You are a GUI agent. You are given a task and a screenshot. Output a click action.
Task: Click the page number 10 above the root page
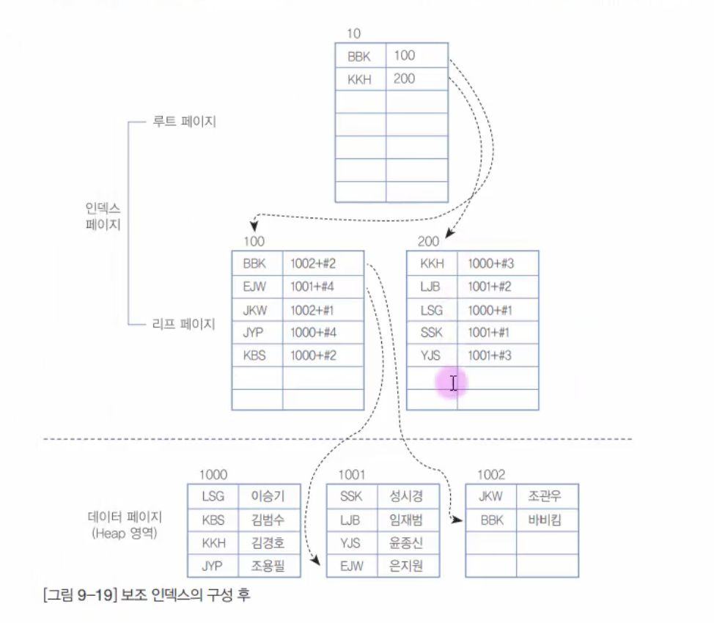[355, 34]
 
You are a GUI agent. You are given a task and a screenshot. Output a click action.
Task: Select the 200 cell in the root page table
[404, 78]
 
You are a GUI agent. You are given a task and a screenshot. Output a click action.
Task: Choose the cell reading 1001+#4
[313, 287]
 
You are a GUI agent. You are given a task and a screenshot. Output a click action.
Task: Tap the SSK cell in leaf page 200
[432, 332]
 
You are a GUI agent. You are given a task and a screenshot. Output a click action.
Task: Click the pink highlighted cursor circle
[452, 383]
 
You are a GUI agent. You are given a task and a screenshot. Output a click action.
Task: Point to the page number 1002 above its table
[491, 475]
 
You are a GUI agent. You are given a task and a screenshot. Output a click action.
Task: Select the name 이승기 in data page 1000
[267, 496]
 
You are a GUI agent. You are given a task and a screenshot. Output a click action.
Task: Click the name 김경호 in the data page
[267, 543]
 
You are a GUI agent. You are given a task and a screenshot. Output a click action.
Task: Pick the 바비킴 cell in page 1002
[544, 520]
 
